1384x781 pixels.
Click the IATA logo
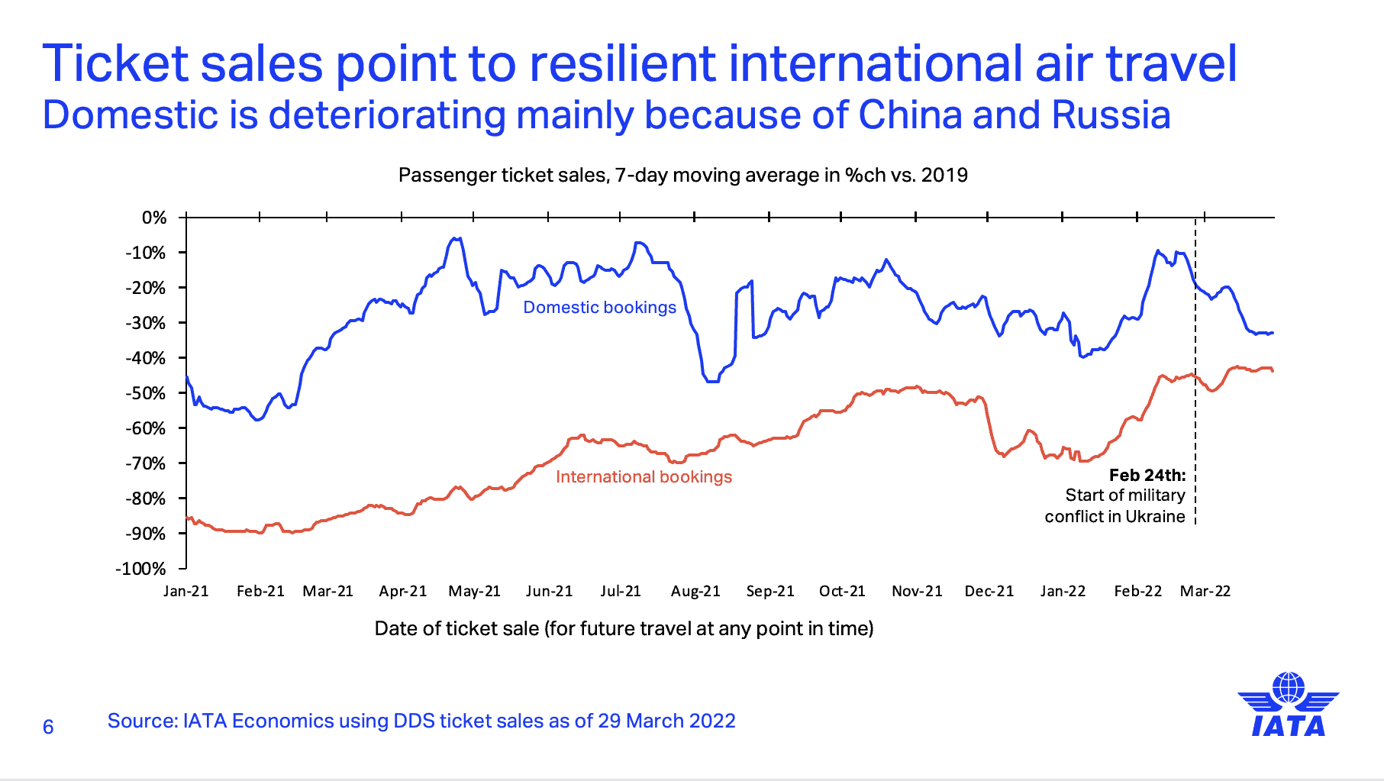1289,704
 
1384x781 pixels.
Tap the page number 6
48,727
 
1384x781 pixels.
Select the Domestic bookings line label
599,307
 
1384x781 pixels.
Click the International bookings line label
644,476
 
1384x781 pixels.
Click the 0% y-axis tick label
154,218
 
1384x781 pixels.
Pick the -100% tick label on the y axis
140,569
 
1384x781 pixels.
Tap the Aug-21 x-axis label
695,591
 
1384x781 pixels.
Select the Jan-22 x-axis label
1063,591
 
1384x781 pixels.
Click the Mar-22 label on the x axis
1205,591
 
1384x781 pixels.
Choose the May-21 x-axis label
475,591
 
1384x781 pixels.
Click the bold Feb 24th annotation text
1147,475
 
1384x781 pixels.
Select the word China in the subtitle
909,115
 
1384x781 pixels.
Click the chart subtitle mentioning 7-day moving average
683,176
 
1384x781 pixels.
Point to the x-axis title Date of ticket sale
624,628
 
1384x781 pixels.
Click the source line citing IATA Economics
421,721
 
